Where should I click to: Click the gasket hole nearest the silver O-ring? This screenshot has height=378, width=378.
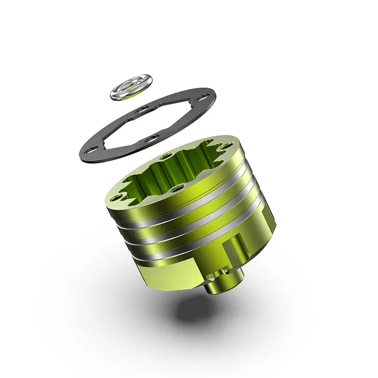(142, 110)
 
